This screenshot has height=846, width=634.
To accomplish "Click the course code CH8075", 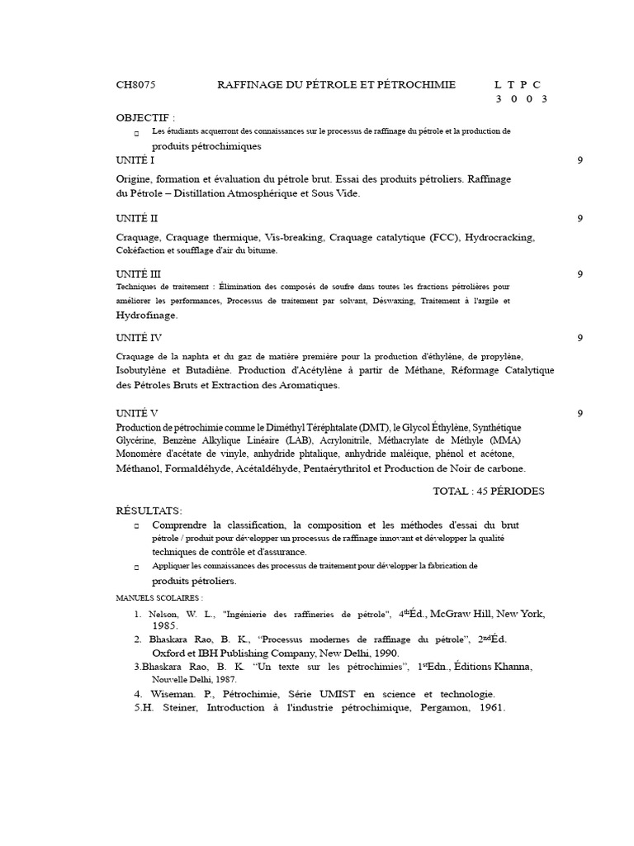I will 135,85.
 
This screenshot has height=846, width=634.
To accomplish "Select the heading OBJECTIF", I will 145,117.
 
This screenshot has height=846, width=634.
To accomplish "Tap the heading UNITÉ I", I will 135,160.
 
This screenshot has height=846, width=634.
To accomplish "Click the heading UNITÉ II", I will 136,218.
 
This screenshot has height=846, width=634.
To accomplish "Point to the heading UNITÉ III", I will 138,273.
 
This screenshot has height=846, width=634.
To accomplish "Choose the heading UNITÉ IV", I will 139,338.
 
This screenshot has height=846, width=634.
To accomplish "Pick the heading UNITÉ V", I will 137,412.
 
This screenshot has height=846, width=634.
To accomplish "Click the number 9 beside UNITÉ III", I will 580,273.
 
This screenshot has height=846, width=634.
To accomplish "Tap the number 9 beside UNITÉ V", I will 580,412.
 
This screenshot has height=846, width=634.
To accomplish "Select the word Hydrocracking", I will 499,237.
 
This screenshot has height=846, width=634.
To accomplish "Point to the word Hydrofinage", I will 147,315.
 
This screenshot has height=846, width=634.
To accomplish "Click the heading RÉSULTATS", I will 149,511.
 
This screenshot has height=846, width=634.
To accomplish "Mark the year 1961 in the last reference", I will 488,708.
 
